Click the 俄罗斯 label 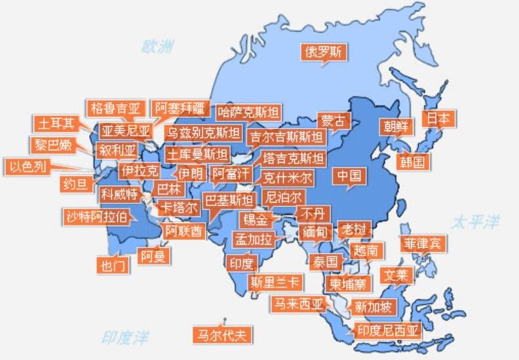click(323, 52)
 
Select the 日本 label click(438, 119)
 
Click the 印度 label click(241, 264)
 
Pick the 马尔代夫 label click(223, 335)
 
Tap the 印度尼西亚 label click(387, 330)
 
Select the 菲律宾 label click(423, 244)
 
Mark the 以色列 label click(28, 167)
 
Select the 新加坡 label click(372, 306)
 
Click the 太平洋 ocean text click(474, 222)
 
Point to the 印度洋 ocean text click(125, 338)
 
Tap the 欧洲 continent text click(159, 46)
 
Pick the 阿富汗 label click(231, 174)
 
